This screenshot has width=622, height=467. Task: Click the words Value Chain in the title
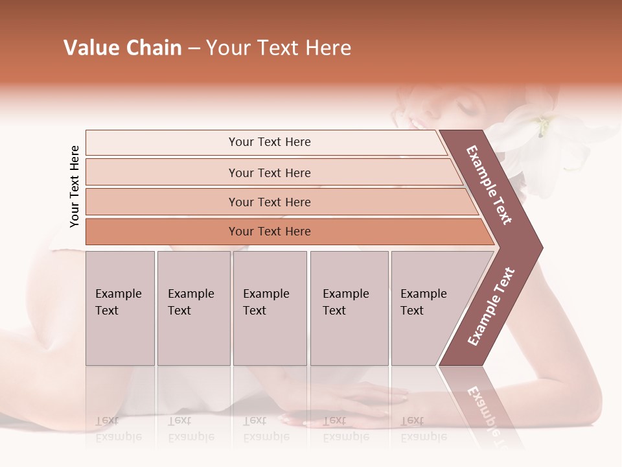pos(122,48)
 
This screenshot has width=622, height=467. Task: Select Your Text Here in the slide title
pos(279,48)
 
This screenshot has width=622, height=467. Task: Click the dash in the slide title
pos(194,49)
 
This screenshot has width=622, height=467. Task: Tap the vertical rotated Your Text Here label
pos(75,186)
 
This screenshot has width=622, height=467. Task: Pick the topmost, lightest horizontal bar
pos(269,142)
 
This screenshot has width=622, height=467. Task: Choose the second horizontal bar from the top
pos(269,173)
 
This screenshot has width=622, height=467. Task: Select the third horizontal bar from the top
pos(269,202)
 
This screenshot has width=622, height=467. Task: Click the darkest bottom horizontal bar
pos(269,232)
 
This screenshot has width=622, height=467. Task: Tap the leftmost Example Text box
pos(120,307)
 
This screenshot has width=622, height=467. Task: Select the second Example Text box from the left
pos(193,307)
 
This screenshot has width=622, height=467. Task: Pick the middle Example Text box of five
pos(270,307)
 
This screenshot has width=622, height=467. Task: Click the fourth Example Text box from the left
pos(349,307)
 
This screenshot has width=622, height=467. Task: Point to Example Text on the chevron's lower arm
pos(491,306)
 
